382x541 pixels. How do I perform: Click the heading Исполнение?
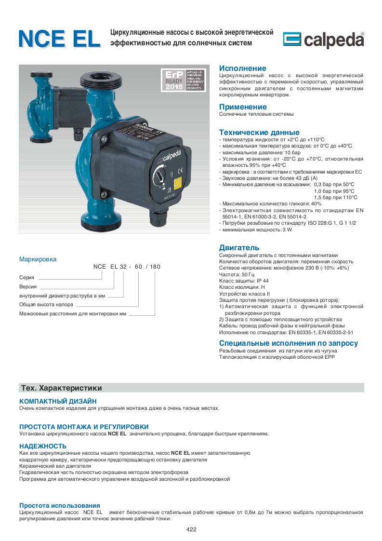(x=242, y=68)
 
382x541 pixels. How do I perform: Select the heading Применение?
(x=242, y=107)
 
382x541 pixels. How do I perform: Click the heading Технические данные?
(x=259, y=132)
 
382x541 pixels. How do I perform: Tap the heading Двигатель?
(x=239, y=248)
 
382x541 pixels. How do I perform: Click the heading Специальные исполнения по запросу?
(x=288, y=343)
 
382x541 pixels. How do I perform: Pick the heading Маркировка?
(x=38, y=259)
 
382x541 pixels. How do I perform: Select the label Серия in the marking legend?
(x=26, y=278)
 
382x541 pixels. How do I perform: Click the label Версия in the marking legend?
(x=28, y=286)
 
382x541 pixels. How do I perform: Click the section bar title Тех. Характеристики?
(x=61, y=388)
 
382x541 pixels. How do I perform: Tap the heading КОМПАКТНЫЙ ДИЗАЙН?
(x=58, y=401)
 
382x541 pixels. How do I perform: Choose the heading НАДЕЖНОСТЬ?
(x=42, y=446)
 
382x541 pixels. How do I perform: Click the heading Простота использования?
(x=59, y=505)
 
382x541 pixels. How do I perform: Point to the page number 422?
(x=191, y=529)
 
